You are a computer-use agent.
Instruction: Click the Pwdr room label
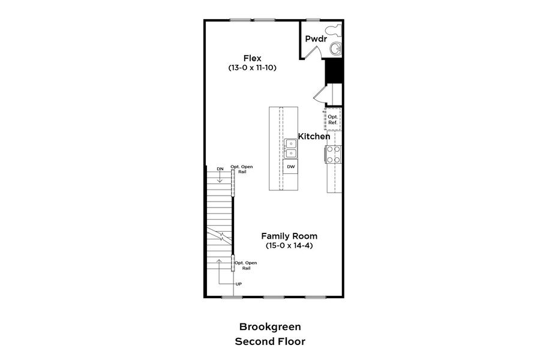pyautogui.click(x=315, y=39)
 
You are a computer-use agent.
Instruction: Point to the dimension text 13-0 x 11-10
pyautogui.click(x=252, y=68)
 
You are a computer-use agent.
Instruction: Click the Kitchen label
pyautogui.click(x=314, y=137)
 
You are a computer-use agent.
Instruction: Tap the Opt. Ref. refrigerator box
pyautogui.click(x=332, y=119)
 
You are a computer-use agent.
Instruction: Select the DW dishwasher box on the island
pyautogui.click(x=290, y=167)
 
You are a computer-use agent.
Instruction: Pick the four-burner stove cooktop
pyautogui.click(x=334, y=154)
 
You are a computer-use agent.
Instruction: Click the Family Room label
pyautogui.click(x=289, y=236)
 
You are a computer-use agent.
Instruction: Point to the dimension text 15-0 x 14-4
pyautogui.click(x=289, y=246)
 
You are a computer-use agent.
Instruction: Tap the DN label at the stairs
pyautogui.click(x=220, y=169)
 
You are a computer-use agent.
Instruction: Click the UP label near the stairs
pyautogui.click(x=238, y=284)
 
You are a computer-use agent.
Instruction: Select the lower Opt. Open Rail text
pyautogui.click(x=246, y=265)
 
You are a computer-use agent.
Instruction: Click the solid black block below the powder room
pyautogui.click(x=333, y=73)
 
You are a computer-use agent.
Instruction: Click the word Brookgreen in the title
pyautogui.click(x=270, y=327)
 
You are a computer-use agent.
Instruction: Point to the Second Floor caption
pyautogui.click(x=270, y=341)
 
